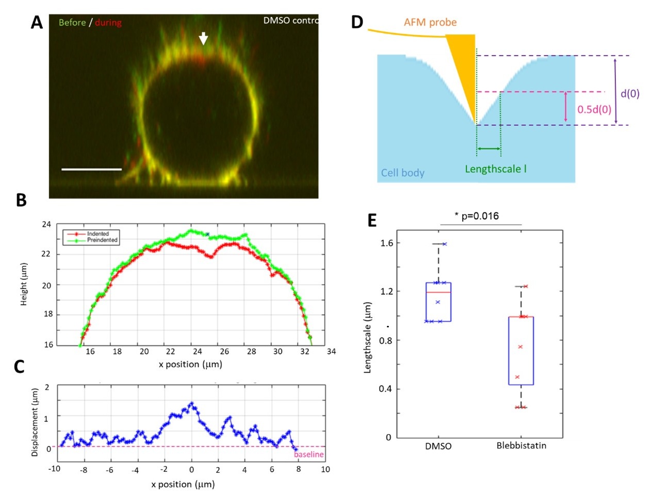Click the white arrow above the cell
[x=204, y=38]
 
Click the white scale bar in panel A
[x=91, y=169]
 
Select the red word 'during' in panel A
[x=108, y=23]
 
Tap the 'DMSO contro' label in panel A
[x=290, y=21]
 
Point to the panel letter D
[x=357, y=22]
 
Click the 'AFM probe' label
[x=430, y=22]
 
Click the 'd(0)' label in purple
[x=630, y=93]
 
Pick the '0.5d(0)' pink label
[x=594, y=109]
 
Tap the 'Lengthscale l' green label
[x=496, y=169]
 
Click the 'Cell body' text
[x=402, y=173]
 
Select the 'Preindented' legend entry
[x=102, y=240]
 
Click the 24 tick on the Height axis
[x=47, y=224]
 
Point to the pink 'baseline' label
[x=309, y=454]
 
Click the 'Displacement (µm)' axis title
[x=35, y=422]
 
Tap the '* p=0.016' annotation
[x=477, y=216]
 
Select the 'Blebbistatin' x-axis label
[x=521, y=445]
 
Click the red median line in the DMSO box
[x=438, y=292]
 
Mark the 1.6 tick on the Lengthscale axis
[x=386, y=243]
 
